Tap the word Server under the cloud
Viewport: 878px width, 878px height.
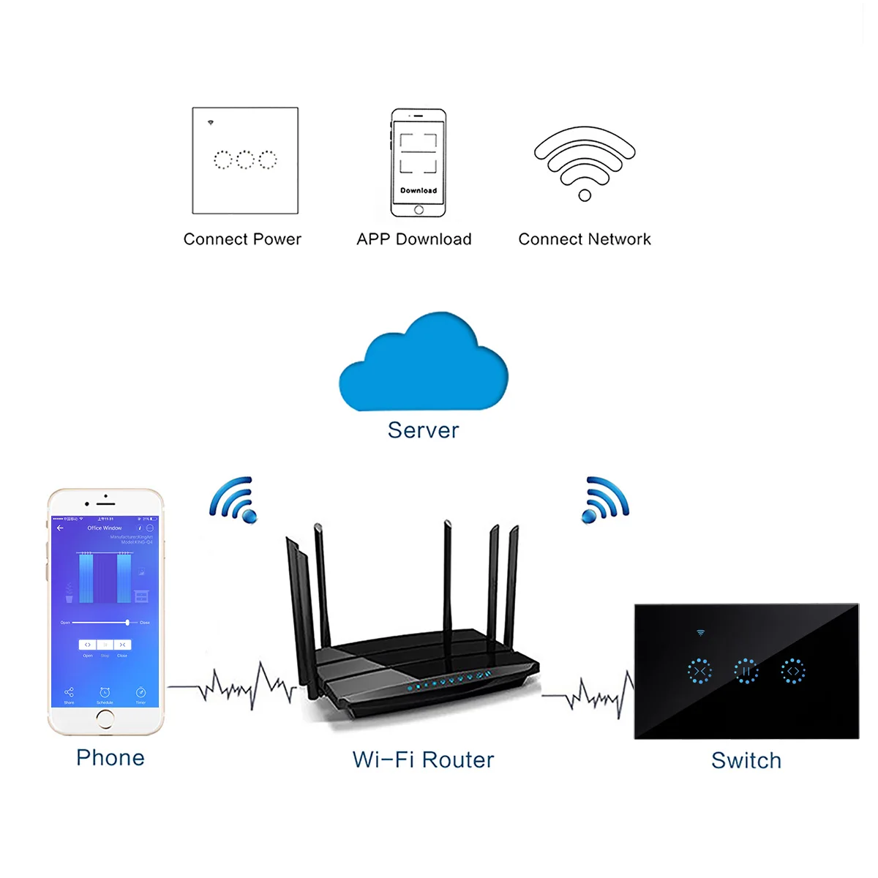tap(423, 430)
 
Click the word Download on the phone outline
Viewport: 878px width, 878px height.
tap(419, 190)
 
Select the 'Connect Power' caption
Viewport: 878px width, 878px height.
tap(242, 239)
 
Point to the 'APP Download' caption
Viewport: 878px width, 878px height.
tap(414, 239)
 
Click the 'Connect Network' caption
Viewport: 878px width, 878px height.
tap(585, 239)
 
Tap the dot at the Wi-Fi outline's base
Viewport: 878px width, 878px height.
tap(585, 195)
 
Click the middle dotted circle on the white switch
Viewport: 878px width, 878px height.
tap(245, 160)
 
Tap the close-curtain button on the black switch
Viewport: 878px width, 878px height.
tap(699, 670)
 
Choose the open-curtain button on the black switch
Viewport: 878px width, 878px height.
tap(793, 670)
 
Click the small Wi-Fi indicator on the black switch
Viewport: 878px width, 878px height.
tap(700, 633)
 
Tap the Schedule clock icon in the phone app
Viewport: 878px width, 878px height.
tap(105, 692)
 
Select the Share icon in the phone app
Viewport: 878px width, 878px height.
tap(69, 692)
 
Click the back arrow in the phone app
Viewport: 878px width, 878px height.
tap(61, 528)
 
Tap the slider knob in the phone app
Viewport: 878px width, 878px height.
tap(127, 623)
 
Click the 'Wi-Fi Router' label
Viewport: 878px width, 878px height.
tap(423, 759)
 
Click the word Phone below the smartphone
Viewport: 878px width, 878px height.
tap(110, 757)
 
